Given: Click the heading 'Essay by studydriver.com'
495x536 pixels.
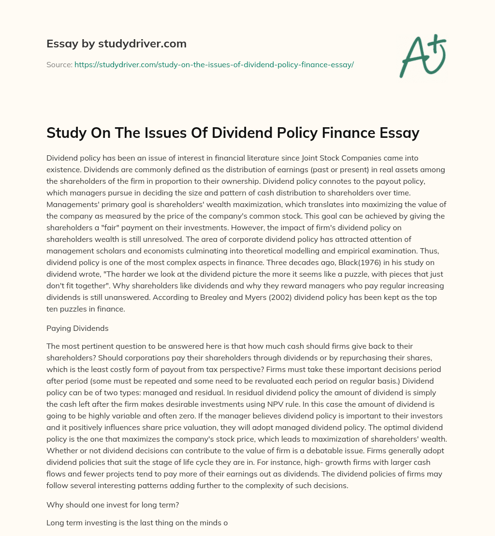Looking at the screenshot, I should point(116,44).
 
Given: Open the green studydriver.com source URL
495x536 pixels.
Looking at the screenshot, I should point(214,64).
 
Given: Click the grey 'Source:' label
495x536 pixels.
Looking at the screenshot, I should point(59,64).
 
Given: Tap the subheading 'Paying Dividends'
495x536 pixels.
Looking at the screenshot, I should point(77,328).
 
